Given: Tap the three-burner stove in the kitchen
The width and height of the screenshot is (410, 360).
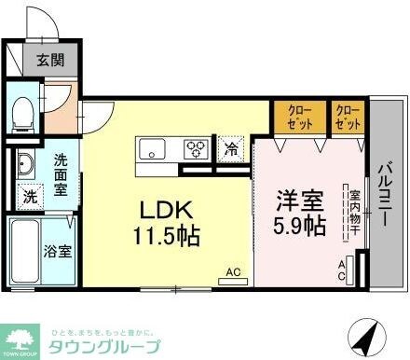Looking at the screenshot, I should pos(198,146).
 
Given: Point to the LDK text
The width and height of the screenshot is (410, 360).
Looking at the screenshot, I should pos(169,208).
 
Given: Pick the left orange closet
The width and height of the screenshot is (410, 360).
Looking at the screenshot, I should pos(298,118).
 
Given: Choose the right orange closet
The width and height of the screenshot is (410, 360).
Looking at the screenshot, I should pos(347,118).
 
